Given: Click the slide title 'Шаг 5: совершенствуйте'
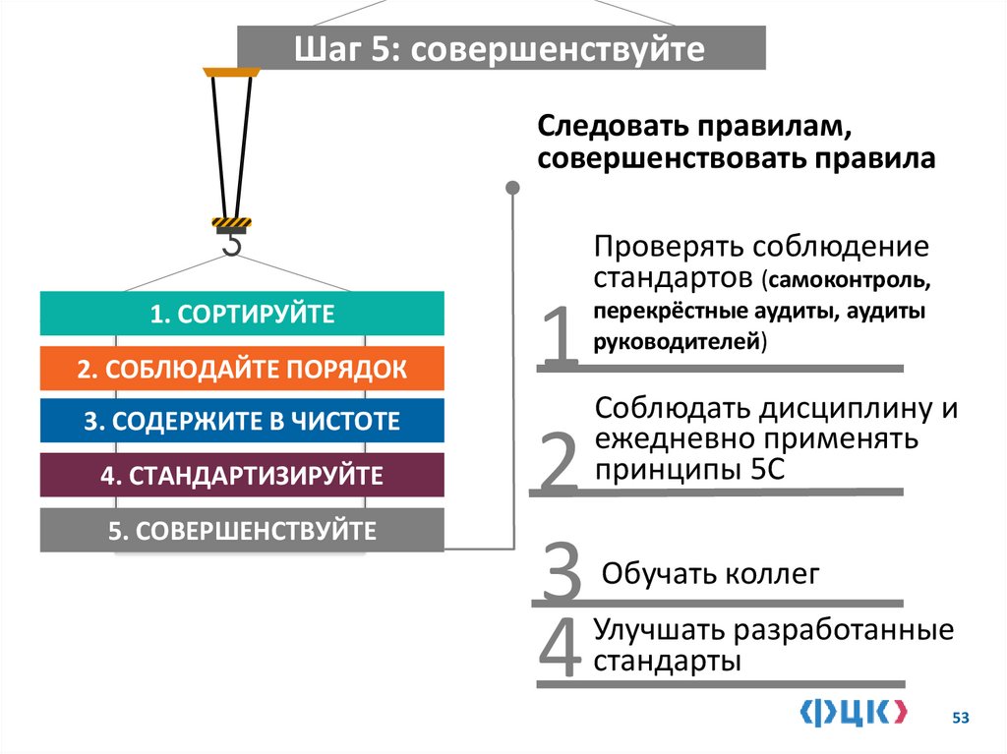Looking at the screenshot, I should [x=501, y=49].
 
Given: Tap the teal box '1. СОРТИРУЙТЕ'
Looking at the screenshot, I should [x=242, y=315].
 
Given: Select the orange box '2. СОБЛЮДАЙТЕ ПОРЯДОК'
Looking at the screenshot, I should [x=242, y=370].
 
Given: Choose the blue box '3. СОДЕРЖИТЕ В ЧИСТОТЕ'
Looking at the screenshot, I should [x=242, y=422].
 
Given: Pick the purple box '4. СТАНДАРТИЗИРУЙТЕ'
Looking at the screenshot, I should [x=242, y=477].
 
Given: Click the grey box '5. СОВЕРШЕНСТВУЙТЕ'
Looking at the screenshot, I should [x=242, y=532].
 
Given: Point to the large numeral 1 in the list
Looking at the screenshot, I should [x=560, y=337].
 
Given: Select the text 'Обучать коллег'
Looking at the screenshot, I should [x=710, y=574].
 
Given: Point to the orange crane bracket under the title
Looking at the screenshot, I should [x=232, y=73].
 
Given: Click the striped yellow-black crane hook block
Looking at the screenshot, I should [x=232, y=224].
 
